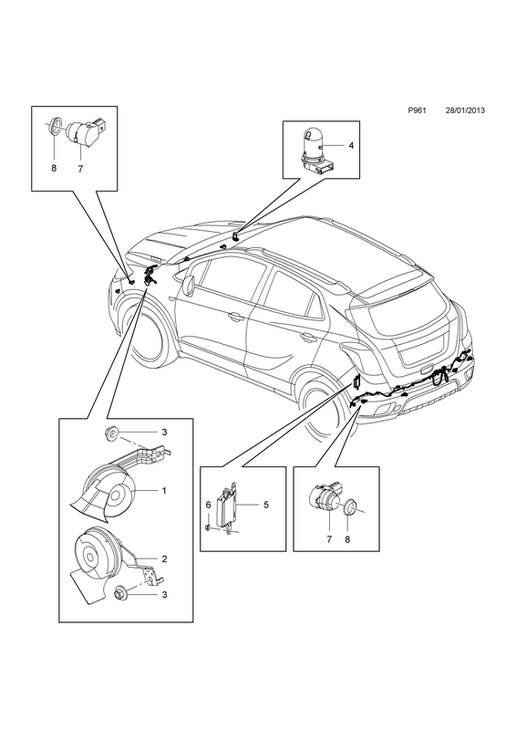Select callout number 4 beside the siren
[351, 146]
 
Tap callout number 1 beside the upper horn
[164, 491]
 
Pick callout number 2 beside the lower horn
[164, 558]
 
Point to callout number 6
[209, 505]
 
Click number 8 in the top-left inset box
[54, 169]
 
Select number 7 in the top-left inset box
[80, 169]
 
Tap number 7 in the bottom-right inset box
[329, 539]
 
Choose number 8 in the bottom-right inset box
[347, 539]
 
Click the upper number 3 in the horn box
[164, 433]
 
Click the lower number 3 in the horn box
[164, 595]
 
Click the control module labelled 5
[227, 506]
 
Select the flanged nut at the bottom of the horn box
[120, 595]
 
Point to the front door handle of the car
[235, 318]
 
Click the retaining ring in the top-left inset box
[55, 125]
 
